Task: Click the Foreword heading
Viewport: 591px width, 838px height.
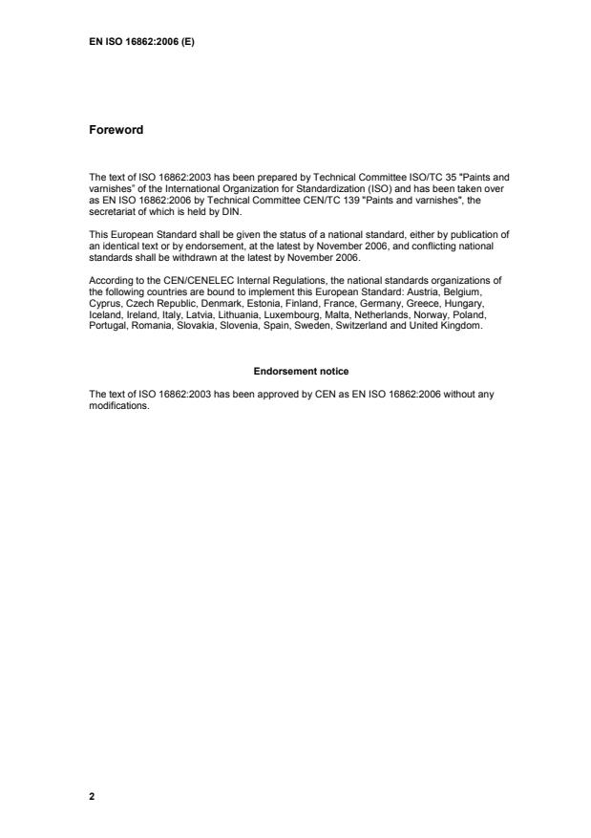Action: [x=116, y=130]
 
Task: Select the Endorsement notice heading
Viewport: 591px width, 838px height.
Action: [x=295, y=370]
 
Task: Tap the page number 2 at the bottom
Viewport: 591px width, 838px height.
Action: [x=92, y=795]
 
